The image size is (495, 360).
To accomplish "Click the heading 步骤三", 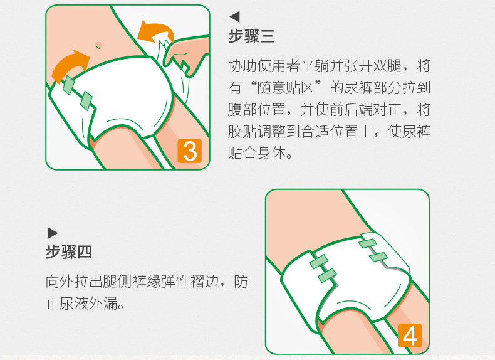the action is [251, 36].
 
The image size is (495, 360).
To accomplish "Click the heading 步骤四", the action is [69, 252].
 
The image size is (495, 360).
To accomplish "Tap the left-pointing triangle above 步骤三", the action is [234, 16].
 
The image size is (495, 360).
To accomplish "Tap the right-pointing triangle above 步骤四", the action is [53, 233].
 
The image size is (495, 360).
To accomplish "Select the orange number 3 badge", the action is [190, 151].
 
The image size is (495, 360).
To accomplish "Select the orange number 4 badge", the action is [410, 336].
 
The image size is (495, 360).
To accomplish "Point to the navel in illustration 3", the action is [99, 45].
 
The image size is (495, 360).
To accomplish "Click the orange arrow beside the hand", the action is [155, 32].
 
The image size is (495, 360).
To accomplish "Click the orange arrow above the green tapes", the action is [70, 65].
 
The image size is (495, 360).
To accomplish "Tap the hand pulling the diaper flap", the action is [186, 55].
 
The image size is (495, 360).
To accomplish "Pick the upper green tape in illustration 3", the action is [69, 85].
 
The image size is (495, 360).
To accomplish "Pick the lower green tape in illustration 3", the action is [86, 101].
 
